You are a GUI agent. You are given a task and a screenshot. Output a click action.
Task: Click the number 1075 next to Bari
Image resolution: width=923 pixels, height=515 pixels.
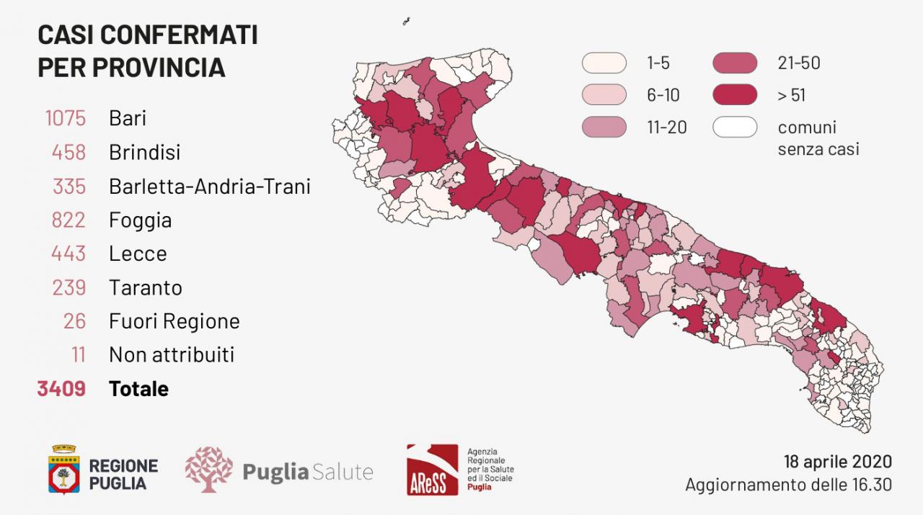[65, 118]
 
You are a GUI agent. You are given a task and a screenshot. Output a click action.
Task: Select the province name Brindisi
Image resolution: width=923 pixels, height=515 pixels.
[144, 153]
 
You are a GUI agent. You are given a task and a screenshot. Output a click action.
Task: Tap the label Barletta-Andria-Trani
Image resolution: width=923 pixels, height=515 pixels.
[209, 187]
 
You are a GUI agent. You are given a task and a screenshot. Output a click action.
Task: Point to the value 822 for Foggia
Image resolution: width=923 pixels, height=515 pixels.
[68, 220]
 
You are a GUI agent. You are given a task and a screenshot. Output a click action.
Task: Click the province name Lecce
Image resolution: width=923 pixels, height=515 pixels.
[138, 254]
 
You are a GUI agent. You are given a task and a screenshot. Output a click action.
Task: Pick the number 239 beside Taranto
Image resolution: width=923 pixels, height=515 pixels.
[69, 287]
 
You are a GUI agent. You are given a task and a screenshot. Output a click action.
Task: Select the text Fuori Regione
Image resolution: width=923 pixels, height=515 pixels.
[174, 321]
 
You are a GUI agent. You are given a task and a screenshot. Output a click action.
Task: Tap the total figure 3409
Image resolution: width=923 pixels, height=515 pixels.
[61, 389]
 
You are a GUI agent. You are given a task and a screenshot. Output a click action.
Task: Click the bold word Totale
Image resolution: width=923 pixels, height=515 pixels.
[138, 389]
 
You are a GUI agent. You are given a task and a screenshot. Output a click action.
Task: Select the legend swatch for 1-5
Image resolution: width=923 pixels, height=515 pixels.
[604, 63]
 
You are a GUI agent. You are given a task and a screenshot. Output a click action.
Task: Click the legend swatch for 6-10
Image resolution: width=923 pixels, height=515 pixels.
[604, 95]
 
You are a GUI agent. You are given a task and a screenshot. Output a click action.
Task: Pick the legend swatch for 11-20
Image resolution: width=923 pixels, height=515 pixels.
[604, 127]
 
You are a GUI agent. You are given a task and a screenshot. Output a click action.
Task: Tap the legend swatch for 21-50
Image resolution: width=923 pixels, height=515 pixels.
[735, 63]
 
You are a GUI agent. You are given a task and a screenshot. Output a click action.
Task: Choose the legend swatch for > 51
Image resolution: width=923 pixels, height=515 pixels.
[735, 95]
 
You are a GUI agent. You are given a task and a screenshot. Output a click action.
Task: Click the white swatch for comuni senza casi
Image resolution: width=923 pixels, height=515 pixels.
[735, 127]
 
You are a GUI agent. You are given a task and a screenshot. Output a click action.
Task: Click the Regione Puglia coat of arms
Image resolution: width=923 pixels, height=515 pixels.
[63, 470]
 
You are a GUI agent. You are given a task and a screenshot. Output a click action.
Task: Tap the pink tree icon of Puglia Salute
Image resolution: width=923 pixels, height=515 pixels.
[208, 470]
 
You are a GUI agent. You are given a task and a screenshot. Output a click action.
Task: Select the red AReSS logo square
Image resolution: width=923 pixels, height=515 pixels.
[432, 470]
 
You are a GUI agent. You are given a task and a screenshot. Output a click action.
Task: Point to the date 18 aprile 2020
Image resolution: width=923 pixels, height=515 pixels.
[837, 462]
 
